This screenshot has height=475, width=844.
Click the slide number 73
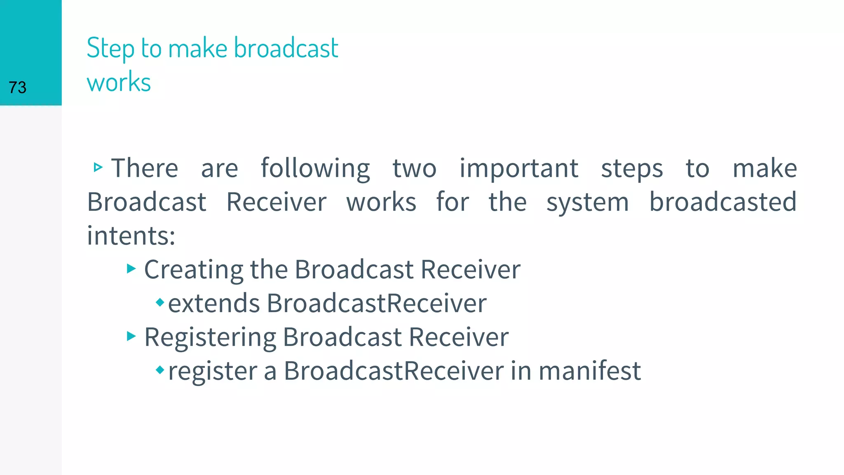coord(17,87)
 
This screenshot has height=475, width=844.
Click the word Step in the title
coord(110,49)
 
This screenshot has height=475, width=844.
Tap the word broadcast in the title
coord(286,48)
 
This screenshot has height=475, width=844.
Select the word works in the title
coord(119,82)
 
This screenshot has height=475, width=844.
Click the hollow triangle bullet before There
coord(98,167)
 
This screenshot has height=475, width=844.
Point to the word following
coord(315,168)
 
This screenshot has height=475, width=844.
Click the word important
coord(519,168)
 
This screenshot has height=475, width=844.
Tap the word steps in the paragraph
coord(632,169)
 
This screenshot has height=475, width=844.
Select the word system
coord(588,202)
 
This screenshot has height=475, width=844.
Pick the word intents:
coord(131,236)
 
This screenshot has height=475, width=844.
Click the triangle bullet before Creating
coord(131,269)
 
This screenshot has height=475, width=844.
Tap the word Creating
coord(194,270)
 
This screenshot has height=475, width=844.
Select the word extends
coord(213,303)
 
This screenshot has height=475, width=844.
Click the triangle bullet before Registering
coord(131,336)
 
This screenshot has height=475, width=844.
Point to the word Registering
coord(210,337)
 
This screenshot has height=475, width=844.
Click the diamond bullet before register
coord(160,370)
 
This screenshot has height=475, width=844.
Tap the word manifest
coord(589,370)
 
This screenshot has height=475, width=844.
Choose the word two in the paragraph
coord(414,168)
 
